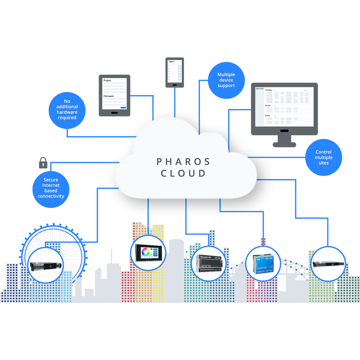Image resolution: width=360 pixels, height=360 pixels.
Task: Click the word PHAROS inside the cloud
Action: tap(183, 162)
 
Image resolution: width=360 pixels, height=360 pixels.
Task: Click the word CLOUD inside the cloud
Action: tap(183, 173)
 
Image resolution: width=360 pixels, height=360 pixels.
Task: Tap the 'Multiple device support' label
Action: tap(226, 80)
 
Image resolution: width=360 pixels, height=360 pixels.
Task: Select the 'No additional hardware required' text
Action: tap(67, 109)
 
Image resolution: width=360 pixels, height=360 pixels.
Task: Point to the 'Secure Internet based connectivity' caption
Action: tap(51, 188)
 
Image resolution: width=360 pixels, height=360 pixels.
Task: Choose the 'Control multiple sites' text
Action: tap(323, 157)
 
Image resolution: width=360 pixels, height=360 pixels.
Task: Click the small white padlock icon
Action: tap(43, 165)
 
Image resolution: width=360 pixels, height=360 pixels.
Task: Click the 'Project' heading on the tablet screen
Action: tap(107, 80)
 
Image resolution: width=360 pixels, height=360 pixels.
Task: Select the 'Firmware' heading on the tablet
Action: tap(109, 96)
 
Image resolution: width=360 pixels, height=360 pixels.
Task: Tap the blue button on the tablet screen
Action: tap(123, 107)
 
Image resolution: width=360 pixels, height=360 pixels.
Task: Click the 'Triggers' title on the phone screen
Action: tap(171, 61)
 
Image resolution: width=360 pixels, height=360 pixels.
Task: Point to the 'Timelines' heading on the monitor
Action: tap(268, 90)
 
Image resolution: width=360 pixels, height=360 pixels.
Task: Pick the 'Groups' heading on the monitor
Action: tap(268, 106)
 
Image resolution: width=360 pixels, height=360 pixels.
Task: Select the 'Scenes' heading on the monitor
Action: tap(267, 115)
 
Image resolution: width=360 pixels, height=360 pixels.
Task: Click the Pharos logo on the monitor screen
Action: tap(259, 89)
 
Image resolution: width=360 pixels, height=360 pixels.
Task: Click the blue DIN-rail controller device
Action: tap(263, 264)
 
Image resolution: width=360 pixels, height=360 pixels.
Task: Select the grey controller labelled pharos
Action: tap(208, 264)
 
